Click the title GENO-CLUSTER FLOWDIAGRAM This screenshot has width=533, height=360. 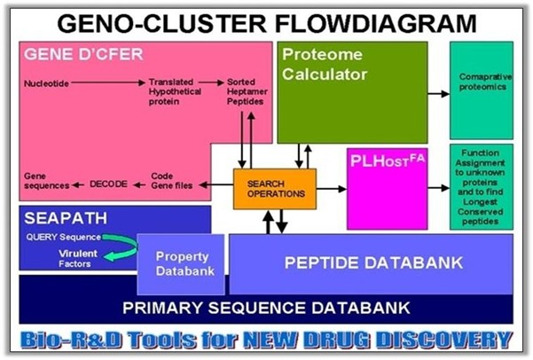tap(266, 20)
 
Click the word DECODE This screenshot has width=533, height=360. tap(110, 184)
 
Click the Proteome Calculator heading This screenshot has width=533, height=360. tap(324, 65)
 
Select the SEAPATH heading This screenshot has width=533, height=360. tap(60, 221)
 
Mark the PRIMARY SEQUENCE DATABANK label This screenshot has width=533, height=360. tap(266, 308)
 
